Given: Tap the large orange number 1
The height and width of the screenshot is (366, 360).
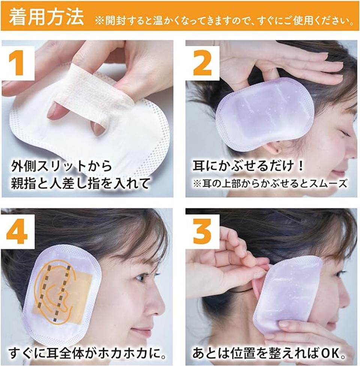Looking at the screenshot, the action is point(16,63).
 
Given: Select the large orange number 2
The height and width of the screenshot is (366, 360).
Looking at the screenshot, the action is point(202,63).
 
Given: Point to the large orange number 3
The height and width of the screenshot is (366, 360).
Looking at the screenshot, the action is point(202,232).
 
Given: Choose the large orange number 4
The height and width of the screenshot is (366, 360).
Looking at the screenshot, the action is point(17,232).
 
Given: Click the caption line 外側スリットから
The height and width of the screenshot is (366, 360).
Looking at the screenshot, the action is point(61,166).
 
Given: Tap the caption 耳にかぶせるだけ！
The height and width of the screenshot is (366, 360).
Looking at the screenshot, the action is point(249,166).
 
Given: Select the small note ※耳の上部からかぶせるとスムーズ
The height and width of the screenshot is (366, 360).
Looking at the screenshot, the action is point(270,184).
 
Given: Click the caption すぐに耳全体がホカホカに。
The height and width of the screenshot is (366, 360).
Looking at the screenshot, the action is point(87,354).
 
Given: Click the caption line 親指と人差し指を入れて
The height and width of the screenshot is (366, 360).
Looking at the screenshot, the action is point(80,184).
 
